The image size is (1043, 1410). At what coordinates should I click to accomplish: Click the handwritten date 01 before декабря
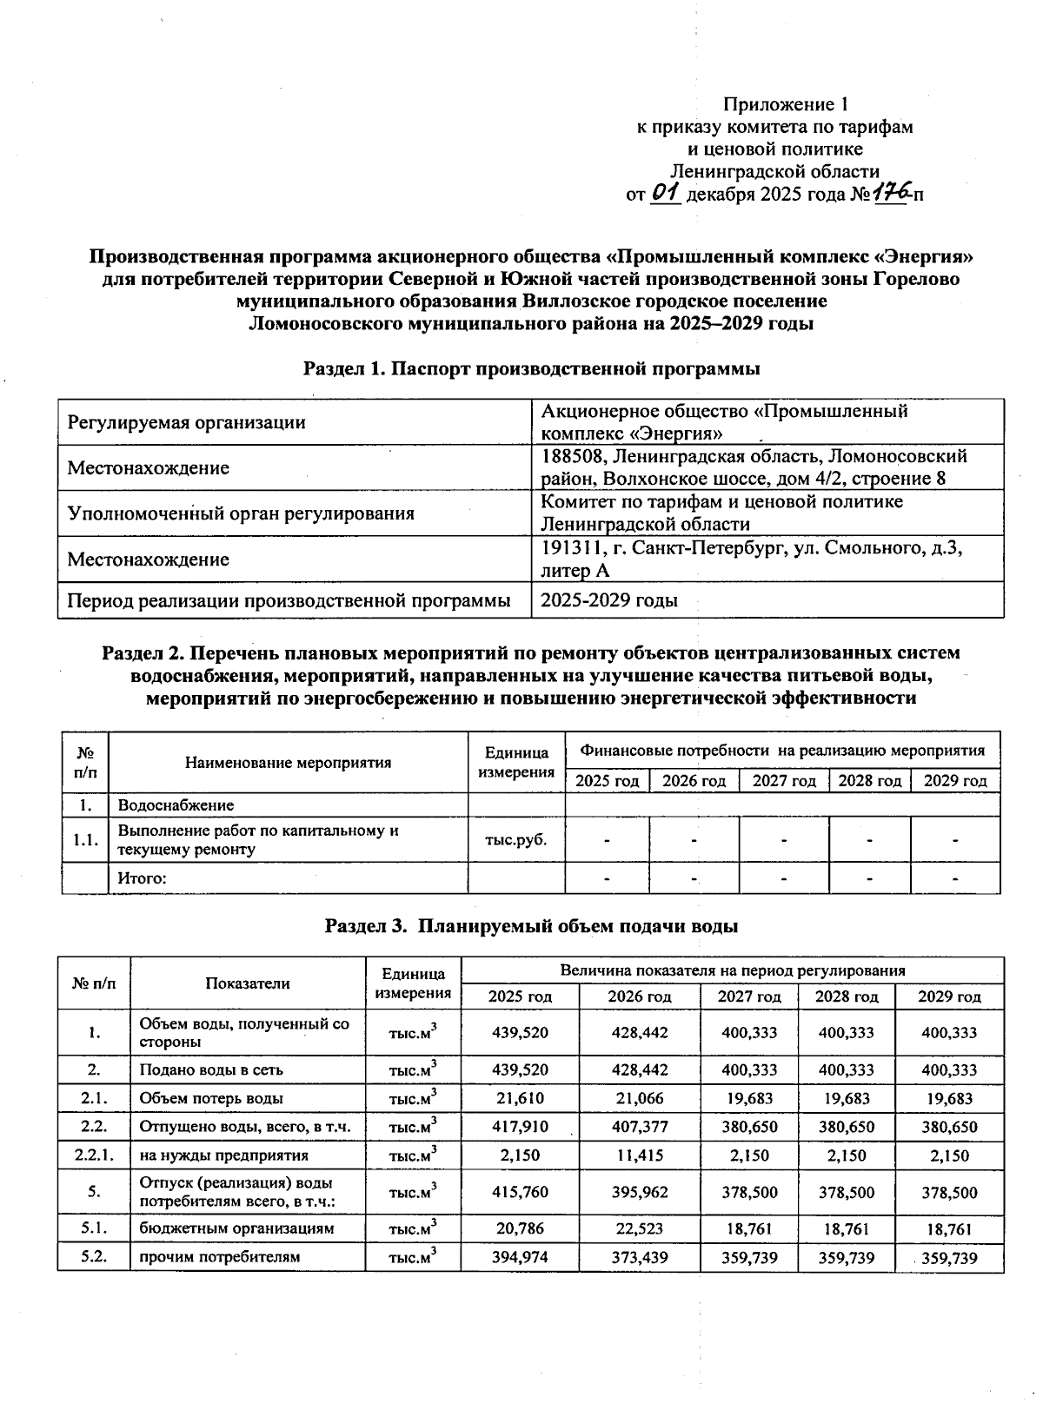pyautogui.click(x=664, y=193)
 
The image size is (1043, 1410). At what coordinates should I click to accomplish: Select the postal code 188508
pyautogui.click(x=569, y=456)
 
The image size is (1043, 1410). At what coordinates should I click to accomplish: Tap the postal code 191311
pyautogui.click(x=568, y=548)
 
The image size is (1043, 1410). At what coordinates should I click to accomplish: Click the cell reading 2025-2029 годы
pyautogui.click(x=609, y=600)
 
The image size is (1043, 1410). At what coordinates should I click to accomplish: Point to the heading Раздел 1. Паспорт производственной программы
pyautogui.click(x=531, y=368)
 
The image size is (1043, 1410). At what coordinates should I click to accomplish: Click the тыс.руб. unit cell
pyautogui.click(x=516, y=840)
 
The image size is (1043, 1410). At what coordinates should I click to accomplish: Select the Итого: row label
pyautogui.click(x=142, y=878)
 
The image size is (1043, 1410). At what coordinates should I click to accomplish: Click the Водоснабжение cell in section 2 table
pyautogui.click(x=176, y=805)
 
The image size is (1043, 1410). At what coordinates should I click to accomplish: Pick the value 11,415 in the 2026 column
pyautogui.click(x=639, y=1155)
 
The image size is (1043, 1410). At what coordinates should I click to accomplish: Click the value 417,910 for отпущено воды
pyautogui.click(x=520, y=1127)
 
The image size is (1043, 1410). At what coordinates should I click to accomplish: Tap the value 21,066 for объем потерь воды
pyautogui.click(x=639, y=1098)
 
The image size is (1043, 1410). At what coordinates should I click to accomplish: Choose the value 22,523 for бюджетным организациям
pyautogui.click(x=639, y=1228)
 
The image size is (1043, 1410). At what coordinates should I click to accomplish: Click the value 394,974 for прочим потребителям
pyautogui.click(x=520, y=1257)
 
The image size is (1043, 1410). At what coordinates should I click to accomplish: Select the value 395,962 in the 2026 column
pyautogui.click(x=639, y=1192)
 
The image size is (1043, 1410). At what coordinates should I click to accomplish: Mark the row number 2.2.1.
pyautogui.click(x=94, y=1155)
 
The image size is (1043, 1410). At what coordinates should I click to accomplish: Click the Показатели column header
pyautogui.click(x=248, y=983)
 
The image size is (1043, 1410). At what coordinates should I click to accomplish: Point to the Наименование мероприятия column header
pyautogui.click(x=288, y=763)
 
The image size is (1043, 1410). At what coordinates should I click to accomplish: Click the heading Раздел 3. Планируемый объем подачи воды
pyautogui.click(x=531, y=926)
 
